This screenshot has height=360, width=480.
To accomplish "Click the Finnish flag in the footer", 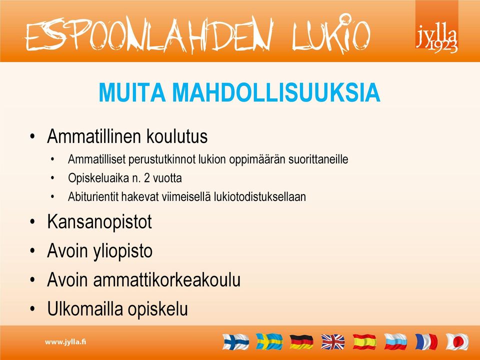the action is click(x=235, y=341).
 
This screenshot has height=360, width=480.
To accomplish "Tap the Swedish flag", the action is click(x=269, y=341).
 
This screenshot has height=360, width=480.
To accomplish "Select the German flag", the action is click(x=301, y=341).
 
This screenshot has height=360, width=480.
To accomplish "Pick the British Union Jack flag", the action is click(x=333, y=341).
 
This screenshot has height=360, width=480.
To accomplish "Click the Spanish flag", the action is click(x=364, y=341).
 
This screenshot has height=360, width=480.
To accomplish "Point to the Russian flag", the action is click(x=396, y=341).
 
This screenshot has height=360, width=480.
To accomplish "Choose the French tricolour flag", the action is click(x=426, y=341).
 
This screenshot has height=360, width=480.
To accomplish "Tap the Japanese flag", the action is click(x=457, y=341).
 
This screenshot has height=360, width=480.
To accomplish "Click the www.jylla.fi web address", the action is click(x=65, y=342).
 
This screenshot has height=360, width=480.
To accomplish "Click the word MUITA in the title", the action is click(x=132, y=92).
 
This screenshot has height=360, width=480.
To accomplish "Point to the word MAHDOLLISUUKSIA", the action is click(x=276, y=92).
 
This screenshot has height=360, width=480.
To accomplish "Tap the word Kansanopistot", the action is click(x=99, y=221).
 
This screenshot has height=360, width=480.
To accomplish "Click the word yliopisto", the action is click(x=122, y=251).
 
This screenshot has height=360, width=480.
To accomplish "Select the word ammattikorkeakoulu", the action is click(x=167, y=280).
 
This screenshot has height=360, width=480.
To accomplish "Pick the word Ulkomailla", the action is click(x=85, y=308).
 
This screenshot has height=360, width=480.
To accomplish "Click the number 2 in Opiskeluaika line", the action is click(x=147, y=178).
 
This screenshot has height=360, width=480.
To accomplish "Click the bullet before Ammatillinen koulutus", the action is click(x=33, y=136).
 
